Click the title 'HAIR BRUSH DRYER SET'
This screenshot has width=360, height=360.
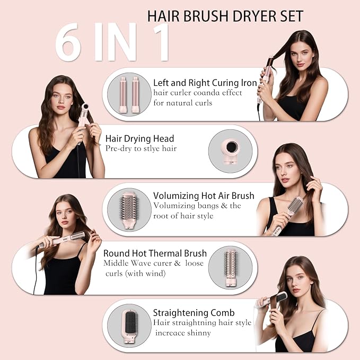[225, 15]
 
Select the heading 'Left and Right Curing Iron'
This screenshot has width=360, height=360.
[205, 83]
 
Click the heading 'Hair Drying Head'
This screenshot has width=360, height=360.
[139, 139]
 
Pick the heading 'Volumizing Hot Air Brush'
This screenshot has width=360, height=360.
[204, 196]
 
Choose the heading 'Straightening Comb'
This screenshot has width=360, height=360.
[194, 313]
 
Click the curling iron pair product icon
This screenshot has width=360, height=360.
[129, 94]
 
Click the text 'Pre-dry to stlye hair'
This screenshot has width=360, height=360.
[141, 149]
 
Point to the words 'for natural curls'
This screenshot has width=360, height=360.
[183, 103]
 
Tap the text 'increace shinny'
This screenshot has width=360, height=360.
[183, 333]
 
